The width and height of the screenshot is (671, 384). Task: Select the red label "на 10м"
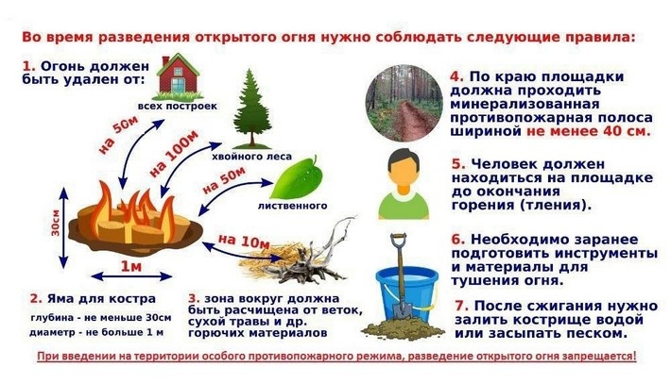point(243,242)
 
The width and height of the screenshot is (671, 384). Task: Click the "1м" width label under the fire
point(132,267)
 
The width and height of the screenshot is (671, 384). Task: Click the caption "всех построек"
point(178,106)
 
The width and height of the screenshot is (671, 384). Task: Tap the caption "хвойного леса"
point(252,157)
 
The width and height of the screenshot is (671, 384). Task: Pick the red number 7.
point(461,307)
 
